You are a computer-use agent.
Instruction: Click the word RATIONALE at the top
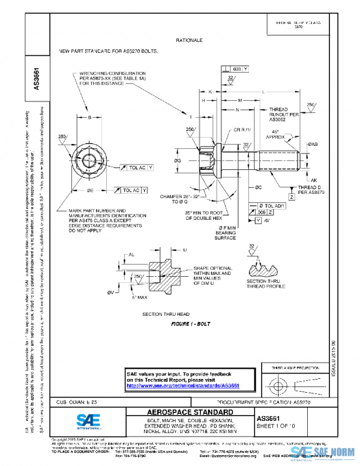[x=189, y=40]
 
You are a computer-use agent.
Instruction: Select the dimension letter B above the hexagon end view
[x=89, y=118]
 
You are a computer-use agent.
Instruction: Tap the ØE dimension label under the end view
[x=90, y=190]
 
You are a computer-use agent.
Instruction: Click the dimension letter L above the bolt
[x=264, y=90]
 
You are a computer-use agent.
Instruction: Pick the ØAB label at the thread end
[x=313, y=145]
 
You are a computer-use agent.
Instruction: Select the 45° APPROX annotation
[x=278, y=135]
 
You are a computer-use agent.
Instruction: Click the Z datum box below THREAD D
[x=291, y=197]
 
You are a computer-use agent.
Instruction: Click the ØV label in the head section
[x=110, y=292]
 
